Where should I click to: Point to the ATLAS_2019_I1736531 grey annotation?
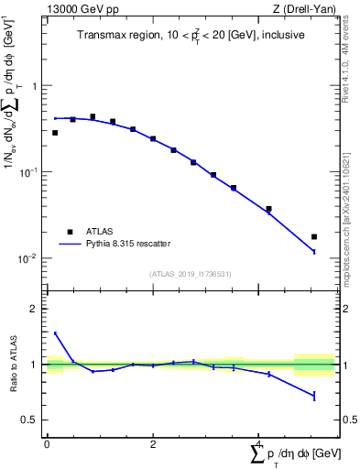[x=191, y=274]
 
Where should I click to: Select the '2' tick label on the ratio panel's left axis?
[x=34, y=309]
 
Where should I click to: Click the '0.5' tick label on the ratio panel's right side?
[x=350, y=420]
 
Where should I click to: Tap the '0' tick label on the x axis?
[x=46, y=444]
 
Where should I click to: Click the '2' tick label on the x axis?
[x=152, y=444]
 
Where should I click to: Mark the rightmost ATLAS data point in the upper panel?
[x=314, y=236]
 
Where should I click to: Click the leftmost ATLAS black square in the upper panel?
[x=55, y=133]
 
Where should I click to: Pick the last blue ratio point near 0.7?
[x=314, y=396]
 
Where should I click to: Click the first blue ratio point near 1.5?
[x=55, y=333]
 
